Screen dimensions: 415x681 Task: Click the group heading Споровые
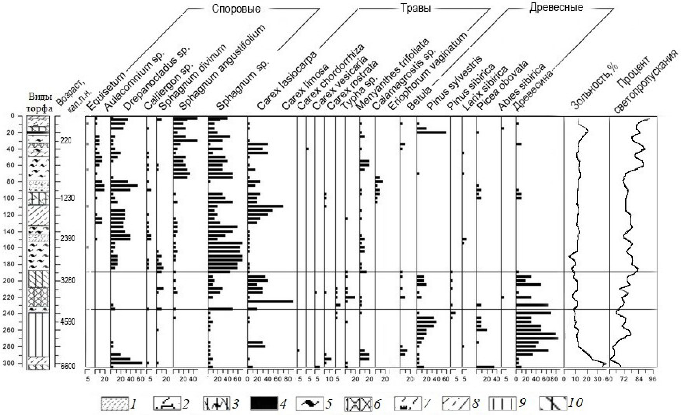coord(236,9)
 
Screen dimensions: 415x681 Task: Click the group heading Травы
coord(415,8)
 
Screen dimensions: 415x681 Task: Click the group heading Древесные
coord(556,7)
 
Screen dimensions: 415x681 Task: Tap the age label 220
coord(66,141)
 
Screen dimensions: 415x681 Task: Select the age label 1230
coord(68,198)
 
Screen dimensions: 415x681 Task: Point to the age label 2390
coord(68,239)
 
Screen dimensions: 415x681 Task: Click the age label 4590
coord(68,321)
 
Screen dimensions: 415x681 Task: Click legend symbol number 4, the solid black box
coord(264,403)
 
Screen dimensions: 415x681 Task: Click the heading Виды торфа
coord(40,103)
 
